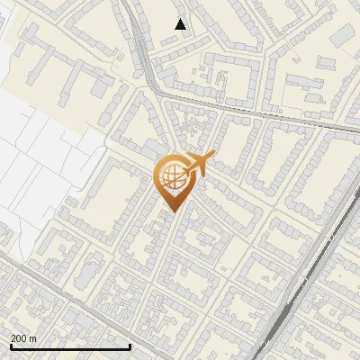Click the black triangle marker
[x=181, y=25]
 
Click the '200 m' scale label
[x=23, y=338]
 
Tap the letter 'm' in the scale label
[x=33, y=338]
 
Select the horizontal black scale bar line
[x=70, y=346]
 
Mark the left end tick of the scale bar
[x=10, y=346]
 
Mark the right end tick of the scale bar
[x=130, y=346]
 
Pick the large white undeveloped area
[x=36, y=153]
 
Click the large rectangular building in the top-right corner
[x=344, y=35]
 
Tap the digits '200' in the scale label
[x=19, y=338]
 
